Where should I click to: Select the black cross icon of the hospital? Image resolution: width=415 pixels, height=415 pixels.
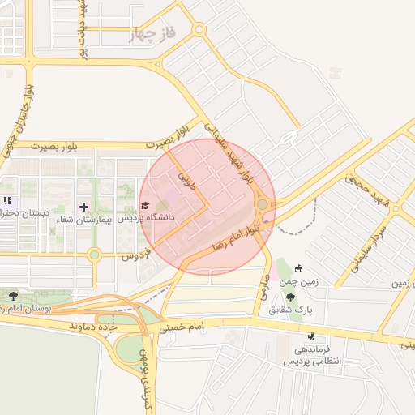[83, 207]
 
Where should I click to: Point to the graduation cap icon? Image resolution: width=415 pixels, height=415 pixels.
[145, 206]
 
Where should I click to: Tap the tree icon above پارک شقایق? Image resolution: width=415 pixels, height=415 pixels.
[290, 298]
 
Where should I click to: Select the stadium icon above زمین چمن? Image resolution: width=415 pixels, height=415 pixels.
[298, 269]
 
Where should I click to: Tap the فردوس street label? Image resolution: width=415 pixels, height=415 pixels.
[135, 255]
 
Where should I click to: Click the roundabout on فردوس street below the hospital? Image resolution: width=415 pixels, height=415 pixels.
[95, 255]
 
